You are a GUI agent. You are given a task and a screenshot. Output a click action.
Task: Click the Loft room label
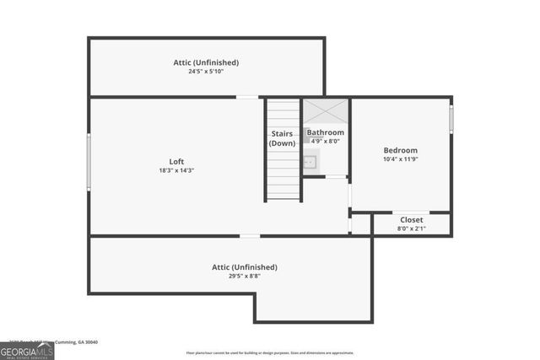click(176, 162)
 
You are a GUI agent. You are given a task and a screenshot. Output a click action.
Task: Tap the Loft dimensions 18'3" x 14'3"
click(176, 171)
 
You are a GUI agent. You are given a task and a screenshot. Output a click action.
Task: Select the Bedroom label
click(400, 150)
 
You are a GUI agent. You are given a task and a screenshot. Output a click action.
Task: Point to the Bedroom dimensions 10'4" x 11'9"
click(400, 159)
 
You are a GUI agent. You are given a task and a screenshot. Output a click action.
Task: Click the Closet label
click(412, 219)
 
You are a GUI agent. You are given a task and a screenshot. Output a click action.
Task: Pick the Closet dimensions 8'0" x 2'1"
click(412, 228)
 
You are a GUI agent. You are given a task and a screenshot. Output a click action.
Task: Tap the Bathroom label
click(325, 132)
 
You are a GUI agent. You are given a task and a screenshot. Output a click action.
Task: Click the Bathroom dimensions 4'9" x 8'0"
click(325, 142)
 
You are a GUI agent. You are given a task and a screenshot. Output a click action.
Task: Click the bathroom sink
click(310, 163)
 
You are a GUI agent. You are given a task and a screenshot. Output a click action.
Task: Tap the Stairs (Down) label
click(283, 138)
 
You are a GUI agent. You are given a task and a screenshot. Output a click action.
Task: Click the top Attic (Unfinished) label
click(206, 62)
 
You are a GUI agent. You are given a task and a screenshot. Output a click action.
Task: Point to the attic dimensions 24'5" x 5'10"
click(206, 72)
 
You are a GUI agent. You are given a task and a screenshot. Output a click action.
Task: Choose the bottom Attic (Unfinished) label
click(245, 267)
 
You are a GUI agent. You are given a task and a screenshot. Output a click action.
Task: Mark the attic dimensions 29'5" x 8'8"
click(245, 277)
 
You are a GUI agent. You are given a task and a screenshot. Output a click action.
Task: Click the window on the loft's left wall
click(89, 162)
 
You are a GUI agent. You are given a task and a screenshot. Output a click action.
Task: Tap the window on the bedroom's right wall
click(451, 119)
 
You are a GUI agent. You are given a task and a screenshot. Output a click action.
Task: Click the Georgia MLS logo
click(27, 350)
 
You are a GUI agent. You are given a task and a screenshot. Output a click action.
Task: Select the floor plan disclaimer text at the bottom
click(270, 353)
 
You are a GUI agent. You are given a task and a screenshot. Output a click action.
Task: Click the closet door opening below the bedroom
click(412, 212)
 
